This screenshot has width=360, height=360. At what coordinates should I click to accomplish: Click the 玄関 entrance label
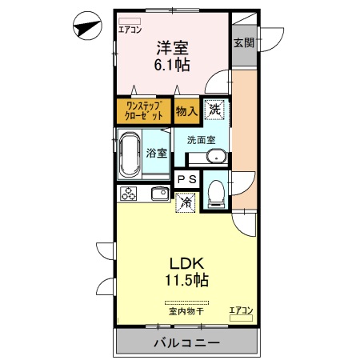coord(244,43)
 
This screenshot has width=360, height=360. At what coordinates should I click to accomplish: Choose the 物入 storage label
coord(186,111)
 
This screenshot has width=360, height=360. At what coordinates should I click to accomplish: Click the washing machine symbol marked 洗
coord(214,110)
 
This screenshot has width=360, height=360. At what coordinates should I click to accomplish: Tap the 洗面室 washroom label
coord(201,140)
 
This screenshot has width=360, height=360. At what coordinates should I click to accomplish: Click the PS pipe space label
coord(186,181)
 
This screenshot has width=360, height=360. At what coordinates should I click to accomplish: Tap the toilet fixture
coord(214,193)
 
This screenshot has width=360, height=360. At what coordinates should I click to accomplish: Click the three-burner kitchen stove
coord(129,193)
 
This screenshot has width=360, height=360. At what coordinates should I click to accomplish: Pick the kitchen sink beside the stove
coord(158,193)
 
